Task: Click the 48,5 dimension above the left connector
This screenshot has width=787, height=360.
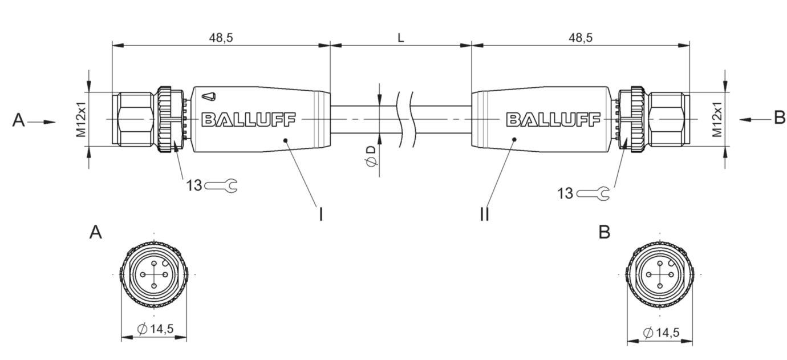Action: point(221,38)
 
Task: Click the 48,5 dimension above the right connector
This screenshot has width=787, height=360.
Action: point(580,38)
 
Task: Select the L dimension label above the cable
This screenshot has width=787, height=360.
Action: point(400,38)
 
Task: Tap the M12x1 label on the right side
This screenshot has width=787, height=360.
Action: point(717,119)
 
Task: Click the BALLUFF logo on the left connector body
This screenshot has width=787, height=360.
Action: point(249,119)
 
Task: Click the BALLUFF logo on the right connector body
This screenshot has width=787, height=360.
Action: point(553,119)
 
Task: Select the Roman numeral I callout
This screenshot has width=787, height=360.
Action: point(321,214)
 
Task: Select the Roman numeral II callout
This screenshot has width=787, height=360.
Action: point(484,214)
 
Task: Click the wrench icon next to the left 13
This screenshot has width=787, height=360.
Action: point(222,185)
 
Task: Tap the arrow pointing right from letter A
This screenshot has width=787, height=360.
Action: point(41,122)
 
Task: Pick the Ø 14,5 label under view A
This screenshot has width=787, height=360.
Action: point(156,329)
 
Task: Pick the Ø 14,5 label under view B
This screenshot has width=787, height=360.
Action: point(662,332)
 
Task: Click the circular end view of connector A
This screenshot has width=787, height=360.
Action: point(153,274)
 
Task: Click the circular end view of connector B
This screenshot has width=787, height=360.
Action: point(660,274)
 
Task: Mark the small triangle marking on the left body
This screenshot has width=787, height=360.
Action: point(209,96)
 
